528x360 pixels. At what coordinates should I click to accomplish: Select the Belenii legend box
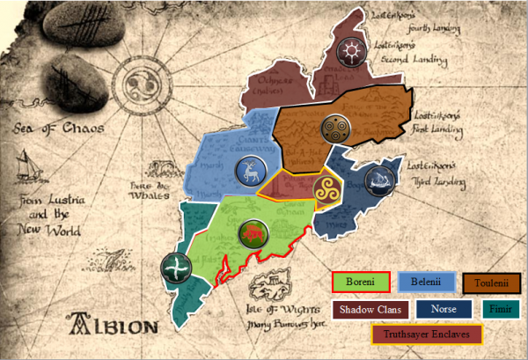(x=426, y=283)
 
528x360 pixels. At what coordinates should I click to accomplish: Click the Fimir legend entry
(x=502, y=309)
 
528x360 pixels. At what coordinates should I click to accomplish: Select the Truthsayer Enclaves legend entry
(x=428, y=334)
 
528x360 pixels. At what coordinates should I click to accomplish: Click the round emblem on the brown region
(x=335, y=130)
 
